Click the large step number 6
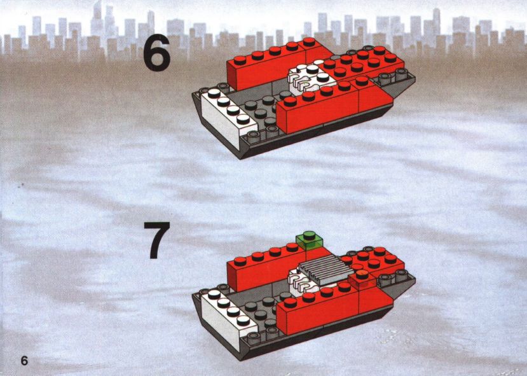click(156, 52)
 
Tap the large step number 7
click(156, 240)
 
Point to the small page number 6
click(24, 361)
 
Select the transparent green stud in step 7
click(309, 240)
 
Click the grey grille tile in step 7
click(326, 268)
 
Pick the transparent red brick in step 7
click(362, 280)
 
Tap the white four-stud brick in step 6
click(229, 116)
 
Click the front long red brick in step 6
click(334, 104)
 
